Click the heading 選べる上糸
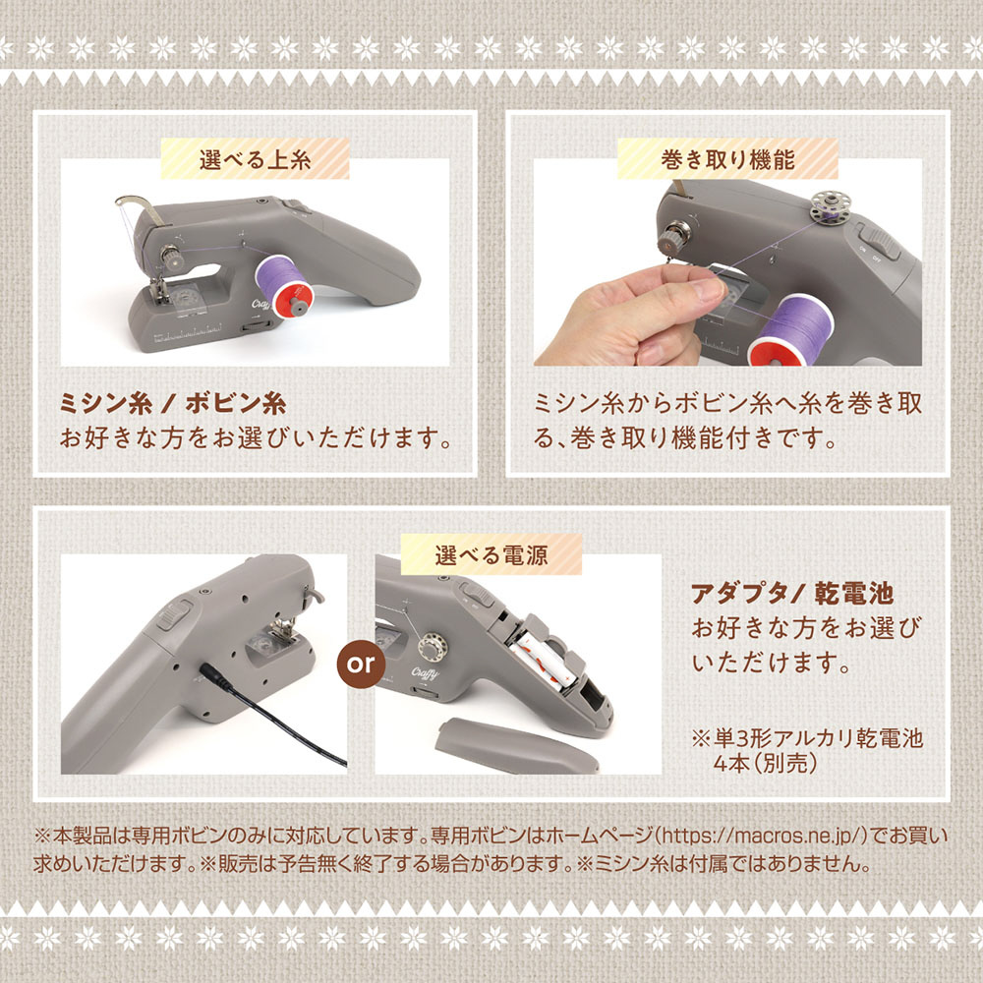(x=256, y=160)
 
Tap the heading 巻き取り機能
(x=727, y=160)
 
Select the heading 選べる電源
(x=491, y=554)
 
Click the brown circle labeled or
(x=361, y=664)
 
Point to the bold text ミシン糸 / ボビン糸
(x=173, y=403)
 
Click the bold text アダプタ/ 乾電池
(x=791, y=593)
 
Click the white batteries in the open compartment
(x=541, y=661)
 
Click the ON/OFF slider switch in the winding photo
(x=879, y=242)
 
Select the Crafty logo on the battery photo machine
(x=425, y=673)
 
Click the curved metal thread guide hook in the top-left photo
(x=141, y=208)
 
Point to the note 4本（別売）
(x=765, y=763)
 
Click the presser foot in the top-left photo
(x=158, y=291)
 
